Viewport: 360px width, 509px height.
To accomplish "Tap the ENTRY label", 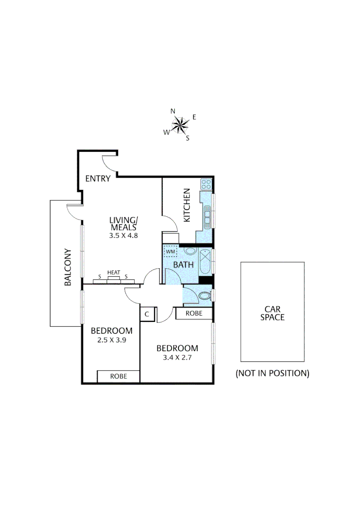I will tap(98, 179).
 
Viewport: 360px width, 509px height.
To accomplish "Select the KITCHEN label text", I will tap(187, 205).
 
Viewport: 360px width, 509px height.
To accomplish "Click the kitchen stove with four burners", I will tap(206, 184).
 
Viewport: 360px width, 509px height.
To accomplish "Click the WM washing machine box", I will tap(170, 252).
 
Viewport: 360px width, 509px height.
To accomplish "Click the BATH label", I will tap(183, 265).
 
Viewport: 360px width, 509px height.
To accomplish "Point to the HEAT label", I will tap(114, 272).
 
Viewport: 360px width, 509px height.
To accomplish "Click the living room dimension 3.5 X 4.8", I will tap(123, 235).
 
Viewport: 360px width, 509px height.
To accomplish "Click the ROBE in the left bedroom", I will tap(118, 376).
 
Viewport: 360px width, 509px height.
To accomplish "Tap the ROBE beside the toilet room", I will tap(194, 313).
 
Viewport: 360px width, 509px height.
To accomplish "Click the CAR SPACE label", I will tap(272, 313).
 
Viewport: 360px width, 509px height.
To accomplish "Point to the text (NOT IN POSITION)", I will tap(272, 373).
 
